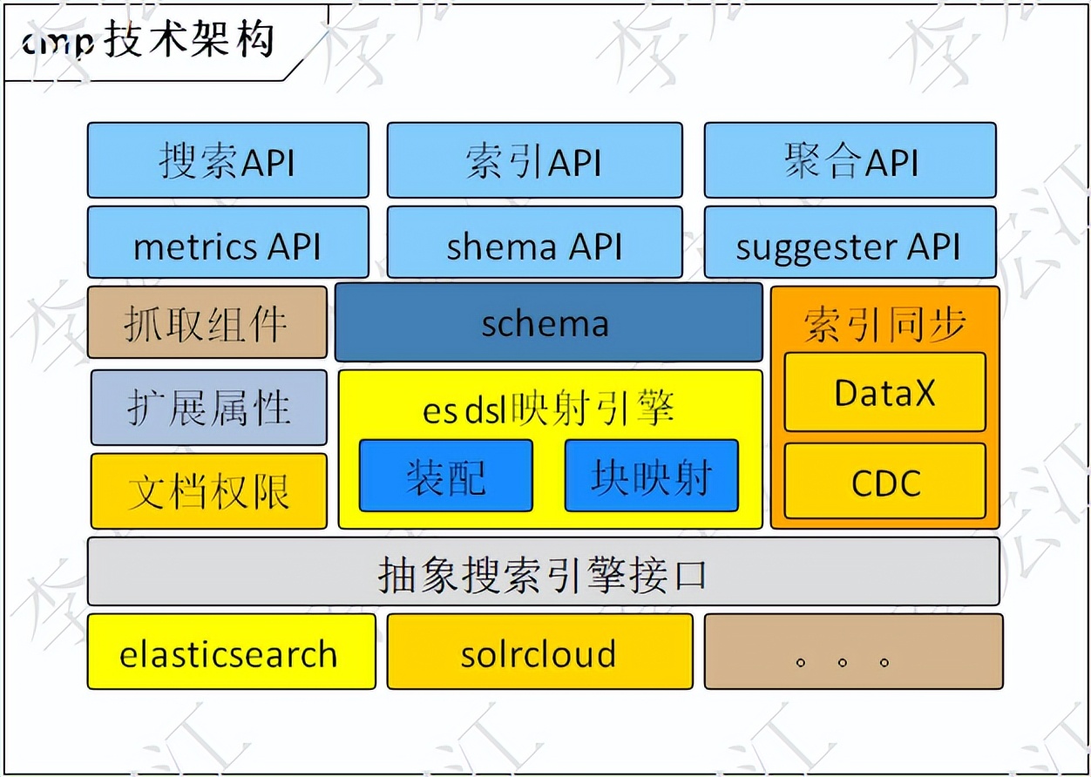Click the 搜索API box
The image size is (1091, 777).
pos(227,160)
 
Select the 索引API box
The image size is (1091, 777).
pos(534,160)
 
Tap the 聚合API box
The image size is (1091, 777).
pos(850,160)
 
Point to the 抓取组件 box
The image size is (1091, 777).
pos(207,322)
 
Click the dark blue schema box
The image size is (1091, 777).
pos(548,322)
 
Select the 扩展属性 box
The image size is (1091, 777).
pos(209,408)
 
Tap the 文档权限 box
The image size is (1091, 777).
pos(209,491)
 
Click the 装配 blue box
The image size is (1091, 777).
pos(445,476)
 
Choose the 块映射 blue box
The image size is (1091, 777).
pos(651,476)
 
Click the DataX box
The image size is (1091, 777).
pos(884,392)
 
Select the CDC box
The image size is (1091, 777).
pos(884,481)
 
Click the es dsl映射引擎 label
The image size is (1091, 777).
pos(549,407)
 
